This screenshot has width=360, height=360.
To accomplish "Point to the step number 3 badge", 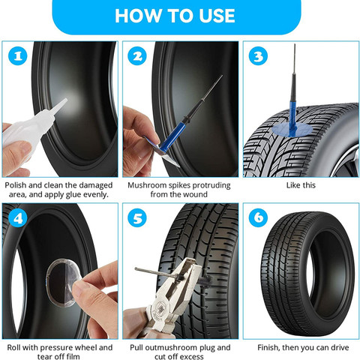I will pos(256,57).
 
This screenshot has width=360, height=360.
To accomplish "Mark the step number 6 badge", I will pos(256,220).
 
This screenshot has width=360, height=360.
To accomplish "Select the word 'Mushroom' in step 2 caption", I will pos(148,184).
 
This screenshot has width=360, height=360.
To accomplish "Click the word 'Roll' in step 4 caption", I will pos(13,347).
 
